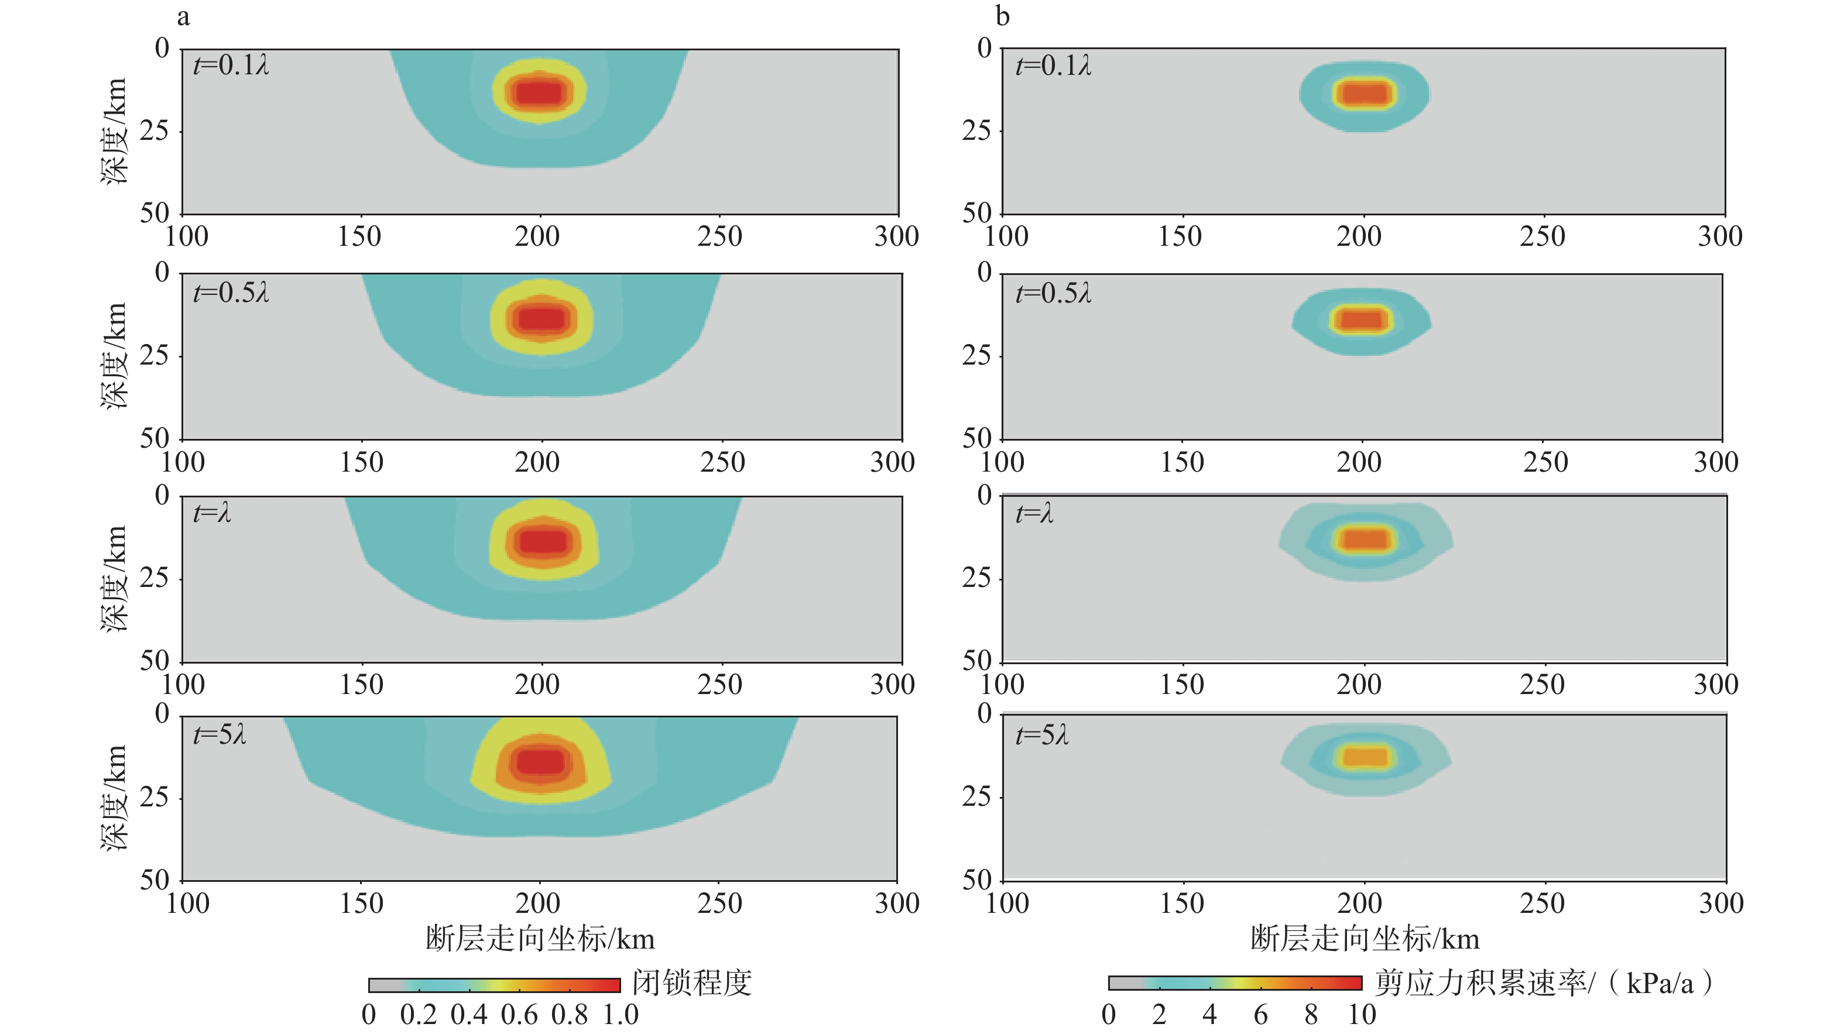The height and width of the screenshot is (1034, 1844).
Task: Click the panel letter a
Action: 183,16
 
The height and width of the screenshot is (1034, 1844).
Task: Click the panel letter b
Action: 1002,16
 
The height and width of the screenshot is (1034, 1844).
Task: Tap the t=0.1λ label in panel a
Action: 231,66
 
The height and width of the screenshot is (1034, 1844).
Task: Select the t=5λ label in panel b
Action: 1041,736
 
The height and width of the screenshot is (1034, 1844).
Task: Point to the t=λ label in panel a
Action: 212,513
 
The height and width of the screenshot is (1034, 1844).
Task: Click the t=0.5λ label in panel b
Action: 1053,293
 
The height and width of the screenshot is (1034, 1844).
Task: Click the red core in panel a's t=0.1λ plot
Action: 540,93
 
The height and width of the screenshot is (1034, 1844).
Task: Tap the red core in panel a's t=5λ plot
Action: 540,761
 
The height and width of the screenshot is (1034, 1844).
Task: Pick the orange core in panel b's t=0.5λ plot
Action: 1362,319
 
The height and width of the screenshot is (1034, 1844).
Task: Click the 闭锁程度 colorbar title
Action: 691,983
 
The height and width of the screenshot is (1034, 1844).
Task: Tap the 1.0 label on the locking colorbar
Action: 620,1015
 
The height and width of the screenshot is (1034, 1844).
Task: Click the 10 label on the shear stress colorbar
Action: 1362,1015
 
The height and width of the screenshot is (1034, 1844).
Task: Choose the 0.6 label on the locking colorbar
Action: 519,1015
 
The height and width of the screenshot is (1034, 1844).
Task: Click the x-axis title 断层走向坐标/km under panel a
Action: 540,939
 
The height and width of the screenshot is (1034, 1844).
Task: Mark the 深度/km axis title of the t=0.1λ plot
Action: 115,132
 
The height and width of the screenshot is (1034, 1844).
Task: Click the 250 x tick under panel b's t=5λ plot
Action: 1542,903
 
